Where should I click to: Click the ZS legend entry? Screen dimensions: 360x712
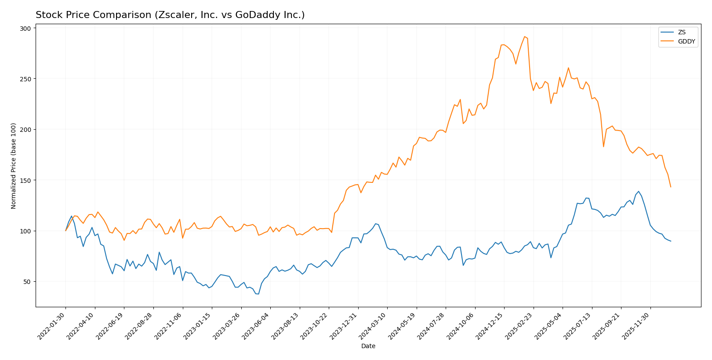681,32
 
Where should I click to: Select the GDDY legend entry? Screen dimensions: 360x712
686,42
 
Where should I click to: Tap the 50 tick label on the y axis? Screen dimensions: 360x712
27,282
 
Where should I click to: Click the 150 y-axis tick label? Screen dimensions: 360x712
26,181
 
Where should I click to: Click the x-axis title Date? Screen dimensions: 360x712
368,346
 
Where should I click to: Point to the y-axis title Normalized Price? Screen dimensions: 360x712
14,166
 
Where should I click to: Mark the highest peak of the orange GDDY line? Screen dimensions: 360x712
524,36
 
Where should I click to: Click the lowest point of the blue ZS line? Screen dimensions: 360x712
258,294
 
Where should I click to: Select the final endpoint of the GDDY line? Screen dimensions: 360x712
671,187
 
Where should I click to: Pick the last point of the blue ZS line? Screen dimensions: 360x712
671,241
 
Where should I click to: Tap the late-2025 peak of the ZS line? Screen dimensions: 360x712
638,192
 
